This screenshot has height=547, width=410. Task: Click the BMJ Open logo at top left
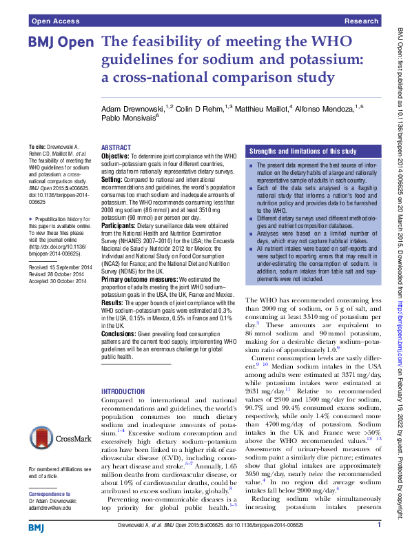(61, 43)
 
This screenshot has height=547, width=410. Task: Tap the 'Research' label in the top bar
(362, 21)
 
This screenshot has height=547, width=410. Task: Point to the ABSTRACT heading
(116, 148)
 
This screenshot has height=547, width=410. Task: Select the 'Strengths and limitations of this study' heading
(303, 151)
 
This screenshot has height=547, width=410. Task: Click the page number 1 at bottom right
(379, 525)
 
